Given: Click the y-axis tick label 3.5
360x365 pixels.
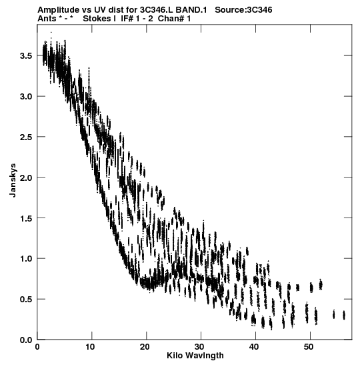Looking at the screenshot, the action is point(26,56).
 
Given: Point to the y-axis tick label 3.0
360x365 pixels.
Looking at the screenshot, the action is point(26,96).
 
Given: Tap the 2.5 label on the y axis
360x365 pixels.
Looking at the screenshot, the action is point(26,137).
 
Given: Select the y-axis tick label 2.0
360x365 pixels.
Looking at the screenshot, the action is point(26,177).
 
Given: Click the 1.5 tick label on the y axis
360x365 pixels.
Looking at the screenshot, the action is point(26,218).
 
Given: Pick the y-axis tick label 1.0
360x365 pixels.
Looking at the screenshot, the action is point(26,259).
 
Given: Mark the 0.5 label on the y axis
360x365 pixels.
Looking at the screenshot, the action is point(26,299).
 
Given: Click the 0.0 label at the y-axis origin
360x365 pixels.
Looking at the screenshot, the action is point(26,340).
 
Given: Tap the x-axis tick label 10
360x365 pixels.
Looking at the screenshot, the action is point(90,347).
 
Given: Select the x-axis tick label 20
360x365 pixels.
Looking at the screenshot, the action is point(145,347).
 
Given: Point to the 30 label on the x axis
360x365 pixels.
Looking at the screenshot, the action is point(199,347).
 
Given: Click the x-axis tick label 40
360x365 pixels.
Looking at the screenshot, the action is point(254,347).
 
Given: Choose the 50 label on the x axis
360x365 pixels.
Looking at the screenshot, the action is point(309,347).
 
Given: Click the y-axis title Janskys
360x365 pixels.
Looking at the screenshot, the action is point(13,180).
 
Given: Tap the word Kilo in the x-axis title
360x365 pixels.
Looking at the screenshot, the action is point(173,356).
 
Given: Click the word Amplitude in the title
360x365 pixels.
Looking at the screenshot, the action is point(59,10).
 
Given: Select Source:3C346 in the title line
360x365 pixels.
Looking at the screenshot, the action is point(243,10).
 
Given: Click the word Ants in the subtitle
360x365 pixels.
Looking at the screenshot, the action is point(47,19).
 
